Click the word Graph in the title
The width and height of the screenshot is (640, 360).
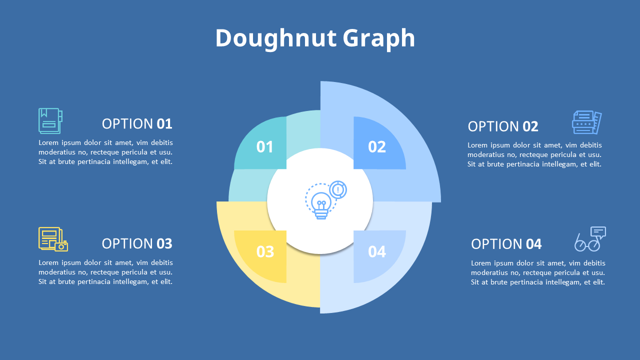click(x=379, y=38)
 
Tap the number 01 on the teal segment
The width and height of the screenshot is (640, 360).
click(x=264, y=146)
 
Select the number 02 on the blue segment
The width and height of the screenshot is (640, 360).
click(x=377, y=146)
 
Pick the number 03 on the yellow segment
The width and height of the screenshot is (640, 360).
click(x=265, y=251)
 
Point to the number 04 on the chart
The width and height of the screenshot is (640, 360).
click(x=377, y=251)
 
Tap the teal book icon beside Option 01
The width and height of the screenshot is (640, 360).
click(x=50, y=121)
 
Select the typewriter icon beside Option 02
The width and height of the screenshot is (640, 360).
click(x=586, y=122)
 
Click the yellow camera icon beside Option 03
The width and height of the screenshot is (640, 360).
click(x=53, y=239)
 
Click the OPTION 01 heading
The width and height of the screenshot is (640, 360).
click(x=137, y=123)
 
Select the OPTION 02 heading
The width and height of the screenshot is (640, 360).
click(x=503, y=126)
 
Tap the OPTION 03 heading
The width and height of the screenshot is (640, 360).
click(x=137, y=243)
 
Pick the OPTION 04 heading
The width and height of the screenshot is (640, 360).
click(x=506, y=244)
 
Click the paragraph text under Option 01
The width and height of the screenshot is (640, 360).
click(x=105, y=152)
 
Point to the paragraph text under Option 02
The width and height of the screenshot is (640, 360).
click(x=534, y=154)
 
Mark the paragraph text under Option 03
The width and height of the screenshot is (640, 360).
click(x=105, y=272)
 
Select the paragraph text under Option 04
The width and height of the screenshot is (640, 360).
click(x=538, y=272)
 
